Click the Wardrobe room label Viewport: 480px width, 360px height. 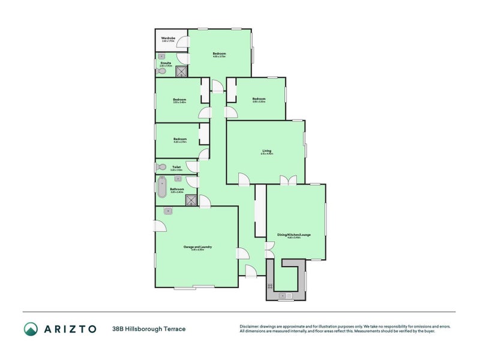pyautogui.click(x=167, y=38)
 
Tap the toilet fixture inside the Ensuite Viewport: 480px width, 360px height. pyautogui.click(x=161, y=71)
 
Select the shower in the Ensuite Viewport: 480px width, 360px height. pyautogui.click(x=181, y=71)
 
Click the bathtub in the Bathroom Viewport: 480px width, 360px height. pyautogui.click(x=161, y=188)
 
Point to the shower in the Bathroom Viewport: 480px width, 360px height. pyautogui.click(x=191, y=200)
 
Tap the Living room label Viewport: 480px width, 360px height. pyautogui.click(x=267, y=151)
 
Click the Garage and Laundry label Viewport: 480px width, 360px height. pyautogui.click(x=197, y=247)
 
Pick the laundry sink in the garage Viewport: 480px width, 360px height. pyautogui.click(x=169, y=211)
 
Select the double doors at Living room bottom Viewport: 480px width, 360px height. pyautogui.click(x=289, y=179)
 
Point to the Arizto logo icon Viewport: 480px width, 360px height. pyautogui.click(x=31, y=329)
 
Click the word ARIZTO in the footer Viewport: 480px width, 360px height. pyautogui.click(x=70, y=329)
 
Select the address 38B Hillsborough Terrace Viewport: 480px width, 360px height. pyautogui.click(x=149, y=329)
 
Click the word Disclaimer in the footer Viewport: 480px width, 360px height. pyautogui.click(x=251, y=326)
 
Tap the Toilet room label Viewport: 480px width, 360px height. pyautogui.click(x=176, y=167)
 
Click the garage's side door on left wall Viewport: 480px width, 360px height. pyautogui.click(x=160, y=226)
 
